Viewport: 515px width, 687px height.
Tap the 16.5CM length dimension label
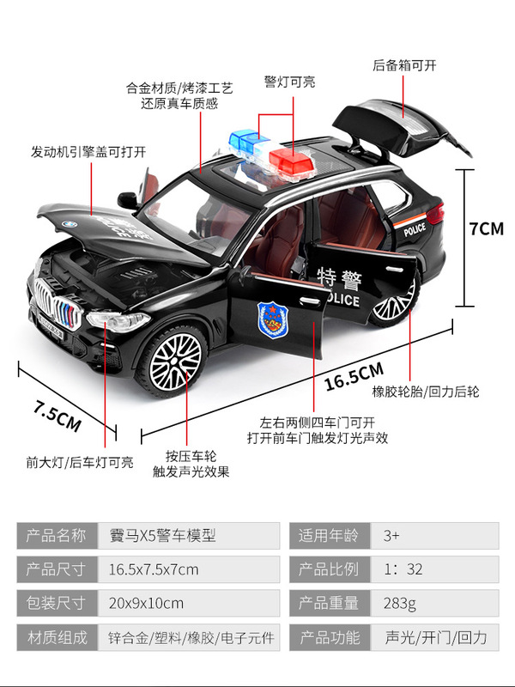click(x=353, y=379)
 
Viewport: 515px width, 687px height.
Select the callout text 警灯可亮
click(x=289, y=82)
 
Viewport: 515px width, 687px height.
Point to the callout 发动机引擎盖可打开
click(x=88, y=151)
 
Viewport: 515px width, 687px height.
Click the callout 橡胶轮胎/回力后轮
click(x=425, y=392)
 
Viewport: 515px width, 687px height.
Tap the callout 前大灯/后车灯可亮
click(x=79, y=462)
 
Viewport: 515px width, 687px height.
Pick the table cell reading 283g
click(x=399, y=604)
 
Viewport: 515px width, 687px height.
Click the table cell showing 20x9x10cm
click(x=154, y=604)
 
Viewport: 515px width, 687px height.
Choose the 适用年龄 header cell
click(x=329, y=536)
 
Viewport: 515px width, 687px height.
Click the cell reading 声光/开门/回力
click(x=436, y=637)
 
